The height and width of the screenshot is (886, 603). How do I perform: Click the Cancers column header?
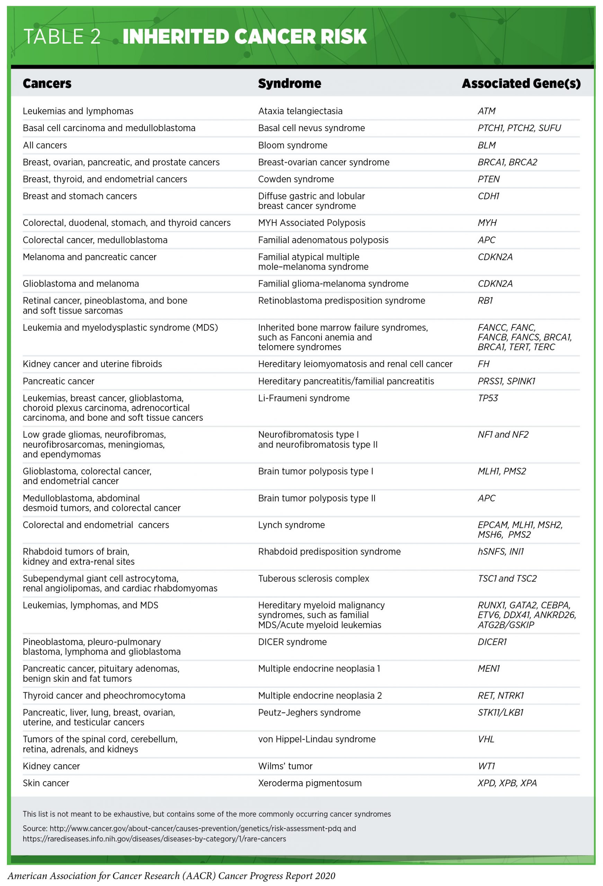pos(47,83)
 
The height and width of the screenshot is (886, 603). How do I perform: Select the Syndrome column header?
pos(290,83)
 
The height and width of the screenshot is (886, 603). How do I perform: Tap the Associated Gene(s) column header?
pos(521,83)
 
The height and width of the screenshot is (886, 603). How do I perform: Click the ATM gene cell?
pos(486,111)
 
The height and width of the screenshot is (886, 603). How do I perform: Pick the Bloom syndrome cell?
pos(293,145)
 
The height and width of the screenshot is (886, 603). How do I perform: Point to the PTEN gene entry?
pos(489,179)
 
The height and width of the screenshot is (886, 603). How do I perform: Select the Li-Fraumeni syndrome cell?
pos(304,398)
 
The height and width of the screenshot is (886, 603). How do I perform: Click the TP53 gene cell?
pos(488,398)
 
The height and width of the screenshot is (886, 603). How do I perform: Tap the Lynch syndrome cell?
pos(291,525)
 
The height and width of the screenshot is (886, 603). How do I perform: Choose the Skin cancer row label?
pos(46,783)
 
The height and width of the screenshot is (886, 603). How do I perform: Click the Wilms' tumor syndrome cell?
pos(285,766)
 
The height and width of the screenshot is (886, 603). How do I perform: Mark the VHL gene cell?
pos(486,739)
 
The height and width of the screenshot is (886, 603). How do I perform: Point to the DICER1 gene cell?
pos(492,642)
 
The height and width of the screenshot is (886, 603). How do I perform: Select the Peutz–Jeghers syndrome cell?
pos(309,713)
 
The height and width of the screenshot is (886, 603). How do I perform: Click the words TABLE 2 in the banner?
pos(62,37)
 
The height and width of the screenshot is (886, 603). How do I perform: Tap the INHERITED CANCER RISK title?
pos(245,37)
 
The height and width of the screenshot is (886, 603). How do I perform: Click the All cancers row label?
pos(45,145)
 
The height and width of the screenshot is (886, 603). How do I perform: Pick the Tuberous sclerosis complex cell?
pos(313,578)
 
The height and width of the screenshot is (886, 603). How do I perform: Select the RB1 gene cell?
pos(485,300)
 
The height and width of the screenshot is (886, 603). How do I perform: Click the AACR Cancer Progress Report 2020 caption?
pos(171,876)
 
